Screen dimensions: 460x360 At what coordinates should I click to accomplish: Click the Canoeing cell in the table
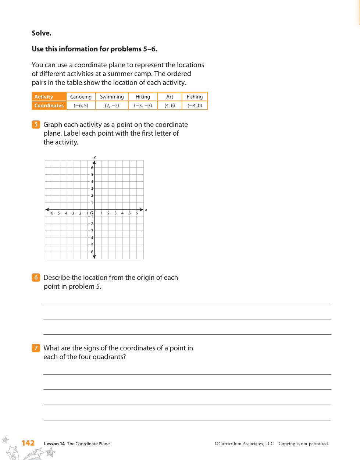point(81,97)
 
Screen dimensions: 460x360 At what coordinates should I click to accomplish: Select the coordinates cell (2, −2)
point(112,106)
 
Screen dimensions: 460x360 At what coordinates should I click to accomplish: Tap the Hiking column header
point(143,97)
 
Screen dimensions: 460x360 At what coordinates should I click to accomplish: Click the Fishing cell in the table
point(195,97)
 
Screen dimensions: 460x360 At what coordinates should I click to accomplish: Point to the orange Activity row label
point(44,97)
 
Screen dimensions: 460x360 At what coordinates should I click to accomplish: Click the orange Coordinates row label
point(49,106)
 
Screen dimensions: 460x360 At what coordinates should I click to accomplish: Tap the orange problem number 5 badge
point(36,124)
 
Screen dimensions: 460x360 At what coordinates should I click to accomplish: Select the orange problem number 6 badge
point(36,277)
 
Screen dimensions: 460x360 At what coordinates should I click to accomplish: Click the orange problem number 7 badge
point(36,348)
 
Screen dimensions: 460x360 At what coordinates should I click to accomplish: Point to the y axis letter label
point(95,157)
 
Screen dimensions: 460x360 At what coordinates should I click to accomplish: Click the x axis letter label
point(146,210)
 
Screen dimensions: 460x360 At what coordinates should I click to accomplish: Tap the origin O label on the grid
point(92,213)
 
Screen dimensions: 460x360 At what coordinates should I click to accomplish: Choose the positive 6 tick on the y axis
point(92,168)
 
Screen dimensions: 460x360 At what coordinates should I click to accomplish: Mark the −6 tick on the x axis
point(50,213)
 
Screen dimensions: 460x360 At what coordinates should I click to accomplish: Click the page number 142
point(28,443)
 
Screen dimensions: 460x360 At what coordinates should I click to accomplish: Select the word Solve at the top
point(42,33)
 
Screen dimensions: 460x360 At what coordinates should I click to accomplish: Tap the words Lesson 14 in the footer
point(54,444)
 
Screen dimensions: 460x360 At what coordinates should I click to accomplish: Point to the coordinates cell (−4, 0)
point(195,106)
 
